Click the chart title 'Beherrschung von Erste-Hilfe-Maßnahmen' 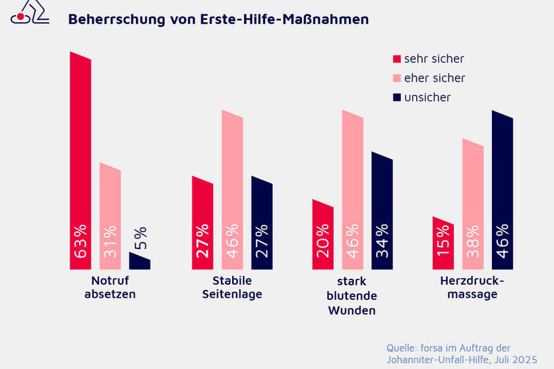click(218, 20)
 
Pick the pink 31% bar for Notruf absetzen click(110, 217)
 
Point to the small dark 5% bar click(139, 262)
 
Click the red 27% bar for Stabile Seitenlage click(202, 224)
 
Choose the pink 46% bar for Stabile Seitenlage click(232, 191)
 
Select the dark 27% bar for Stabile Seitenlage click(262, 224)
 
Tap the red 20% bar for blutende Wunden click(323, 235)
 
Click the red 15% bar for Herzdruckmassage click(443, 244)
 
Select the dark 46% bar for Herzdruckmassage click(503, 191)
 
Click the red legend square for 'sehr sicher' click(396, 59)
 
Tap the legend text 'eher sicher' click(434, 78)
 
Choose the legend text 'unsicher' click(427, 98)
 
